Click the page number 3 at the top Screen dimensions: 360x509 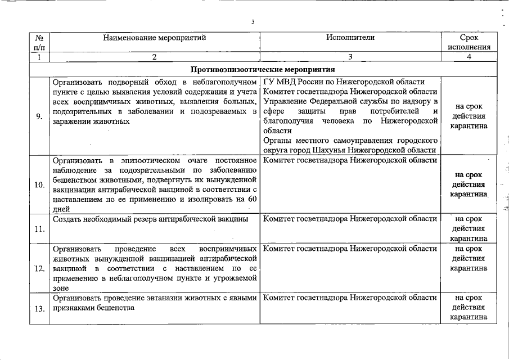[253, 22]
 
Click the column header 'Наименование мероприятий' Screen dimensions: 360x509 [154, 38]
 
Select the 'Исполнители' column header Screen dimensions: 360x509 [350, 38]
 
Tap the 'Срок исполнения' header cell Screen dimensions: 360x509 [469, 42]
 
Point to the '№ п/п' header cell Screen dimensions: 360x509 [39, 42]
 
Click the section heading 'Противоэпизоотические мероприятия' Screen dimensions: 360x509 [263, 70]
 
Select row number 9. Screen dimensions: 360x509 [39, 116]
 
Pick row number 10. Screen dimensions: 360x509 [39, 184]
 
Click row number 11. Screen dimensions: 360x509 [39, 229]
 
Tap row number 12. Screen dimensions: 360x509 [39, 268]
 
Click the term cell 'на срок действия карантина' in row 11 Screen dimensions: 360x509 [469, 228]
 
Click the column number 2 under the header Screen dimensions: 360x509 [154, 57]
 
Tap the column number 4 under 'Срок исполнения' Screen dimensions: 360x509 [469, 57]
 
